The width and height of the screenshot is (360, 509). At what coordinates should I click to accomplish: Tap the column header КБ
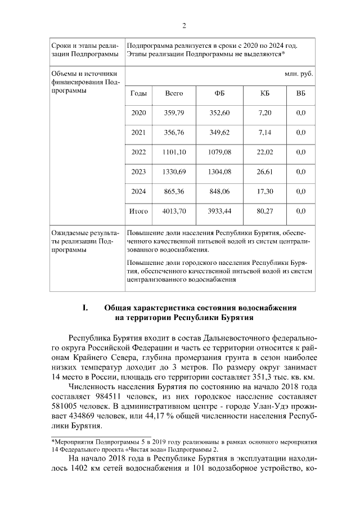[x=265, y=93]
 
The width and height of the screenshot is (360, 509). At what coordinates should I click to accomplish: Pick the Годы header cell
[x=138, y=93]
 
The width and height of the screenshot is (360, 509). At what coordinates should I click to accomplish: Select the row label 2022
[x=138, y=152]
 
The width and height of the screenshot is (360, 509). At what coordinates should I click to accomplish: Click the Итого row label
[x=138, y=211]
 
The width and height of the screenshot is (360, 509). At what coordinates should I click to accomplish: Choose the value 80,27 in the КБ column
[x=265, y=211]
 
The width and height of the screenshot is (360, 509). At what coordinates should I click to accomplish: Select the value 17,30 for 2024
[x=265, y=191]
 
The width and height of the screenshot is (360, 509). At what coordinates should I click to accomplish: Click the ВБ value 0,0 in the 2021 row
[x=300, y=132]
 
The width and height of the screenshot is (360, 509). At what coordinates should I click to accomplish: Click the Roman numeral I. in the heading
[x=85, y=308]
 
